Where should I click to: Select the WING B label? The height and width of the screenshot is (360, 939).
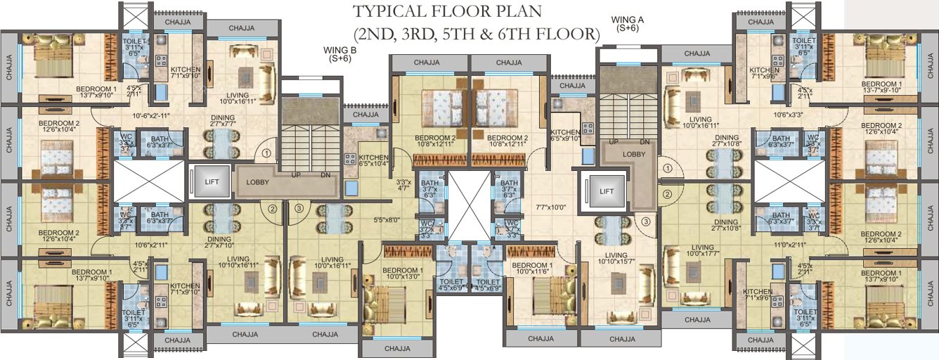coord(340,54)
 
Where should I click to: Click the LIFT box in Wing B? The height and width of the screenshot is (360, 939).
coord(212,181)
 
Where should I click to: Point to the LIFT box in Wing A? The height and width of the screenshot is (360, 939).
coord(606,191)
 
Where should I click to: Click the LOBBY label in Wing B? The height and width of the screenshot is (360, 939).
coord(258,181)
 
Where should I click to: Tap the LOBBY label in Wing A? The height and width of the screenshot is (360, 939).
coord(635,153)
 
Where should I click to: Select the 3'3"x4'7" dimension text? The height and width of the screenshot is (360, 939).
coord(403,184)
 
